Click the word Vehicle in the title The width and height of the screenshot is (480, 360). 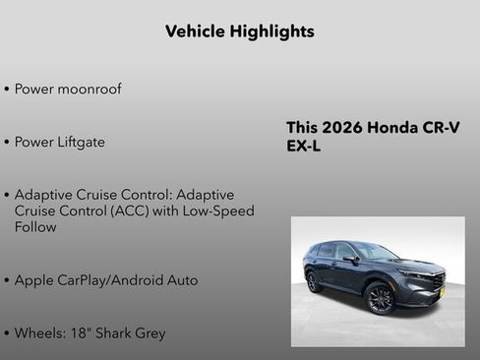[x=194, y=31]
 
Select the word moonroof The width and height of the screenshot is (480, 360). [x=89, y=90]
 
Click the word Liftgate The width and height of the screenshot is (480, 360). [x=80, y=143]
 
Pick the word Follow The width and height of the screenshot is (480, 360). [x=35, y=227]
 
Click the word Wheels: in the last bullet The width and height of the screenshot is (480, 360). [x=40, y=333]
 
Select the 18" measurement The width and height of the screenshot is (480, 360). [x=82, y=333]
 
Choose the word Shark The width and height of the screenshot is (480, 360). [x=116, y=333]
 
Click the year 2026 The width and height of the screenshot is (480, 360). [x=345, y=128]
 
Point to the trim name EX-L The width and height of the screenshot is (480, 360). [x=304, y=147]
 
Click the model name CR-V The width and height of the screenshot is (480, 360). [x=442, y=128]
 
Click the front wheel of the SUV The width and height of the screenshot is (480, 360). [x=381, y=298]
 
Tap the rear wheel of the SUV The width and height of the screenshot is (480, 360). [x=314, y=282]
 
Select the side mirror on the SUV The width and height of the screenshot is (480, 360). [x=350, y=259]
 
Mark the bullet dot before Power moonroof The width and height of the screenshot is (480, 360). [x=7, y=90]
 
